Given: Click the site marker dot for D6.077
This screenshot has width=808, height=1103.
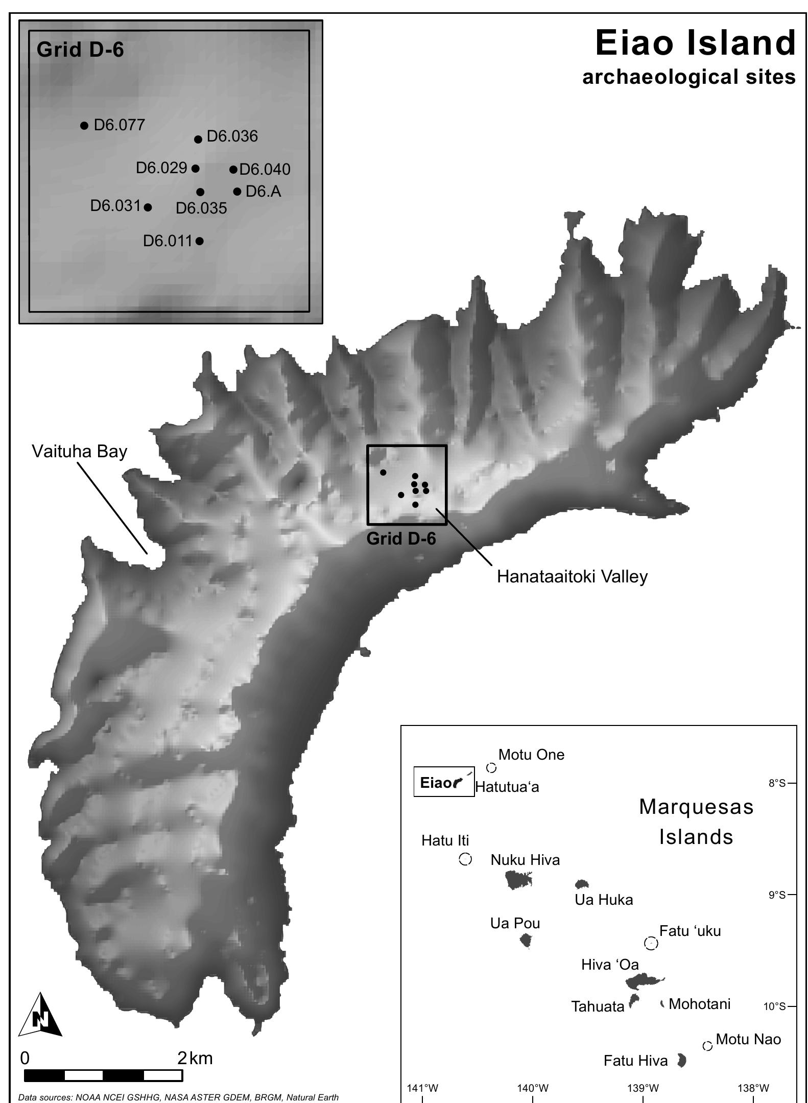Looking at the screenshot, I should (x=84, y=125).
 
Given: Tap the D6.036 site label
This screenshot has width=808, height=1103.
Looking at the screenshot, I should (x=232, y=136).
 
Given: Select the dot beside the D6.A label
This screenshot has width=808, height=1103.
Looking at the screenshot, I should (x=237, y=192).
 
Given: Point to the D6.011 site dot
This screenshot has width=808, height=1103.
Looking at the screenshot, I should (x=200, y=241).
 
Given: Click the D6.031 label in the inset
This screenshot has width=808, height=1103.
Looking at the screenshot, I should (x=115, y=206).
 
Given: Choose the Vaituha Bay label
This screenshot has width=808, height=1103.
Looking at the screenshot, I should (x=79, y=451).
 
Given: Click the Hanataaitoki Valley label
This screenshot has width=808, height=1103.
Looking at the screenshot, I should (x=572, y=576).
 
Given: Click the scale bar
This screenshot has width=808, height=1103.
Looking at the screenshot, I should (x=103, y=1075).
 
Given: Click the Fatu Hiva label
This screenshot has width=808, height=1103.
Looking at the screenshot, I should (x=635, y=1061).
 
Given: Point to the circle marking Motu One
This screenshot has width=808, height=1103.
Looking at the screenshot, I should (x=491, y=768).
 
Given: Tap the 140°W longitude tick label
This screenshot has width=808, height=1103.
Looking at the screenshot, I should (x=532, y=1088).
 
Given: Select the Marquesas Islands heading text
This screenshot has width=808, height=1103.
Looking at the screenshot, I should (x=696, y=822).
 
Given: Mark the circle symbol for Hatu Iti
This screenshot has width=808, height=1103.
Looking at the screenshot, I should (x=465, y=859).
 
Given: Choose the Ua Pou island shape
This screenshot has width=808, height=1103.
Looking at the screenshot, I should (x=526, y=940).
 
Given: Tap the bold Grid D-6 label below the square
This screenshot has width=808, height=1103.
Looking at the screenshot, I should (x=401, y=538).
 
